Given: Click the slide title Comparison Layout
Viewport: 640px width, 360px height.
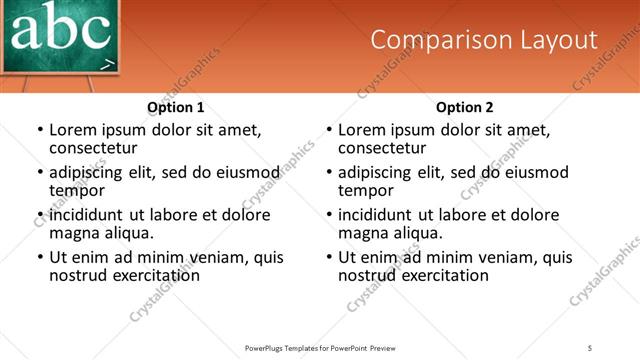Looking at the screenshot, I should click(484, 40).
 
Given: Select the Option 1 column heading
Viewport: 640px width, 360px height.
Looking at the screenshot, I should click(176, 107).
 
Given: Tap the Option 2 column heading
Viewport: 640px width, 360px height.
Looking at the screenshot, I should click(465, 107).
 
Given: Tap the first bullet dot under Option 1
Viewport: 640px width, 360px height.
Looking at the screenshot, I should click(40, 130).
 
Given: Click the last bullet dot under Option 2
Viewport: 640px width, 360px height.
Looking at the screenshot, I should click(329, 257).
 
